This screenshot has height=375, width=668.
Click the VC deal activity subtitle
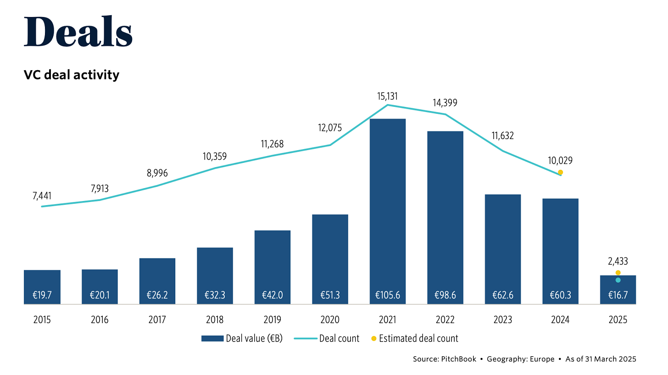72,75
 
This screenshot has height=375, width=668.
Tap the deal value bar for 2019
273,266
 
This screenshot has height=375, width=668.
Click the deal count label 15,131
388,96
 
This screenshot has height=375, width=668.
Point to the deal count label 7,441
42,196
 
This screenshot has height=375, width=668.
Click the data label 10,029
560,161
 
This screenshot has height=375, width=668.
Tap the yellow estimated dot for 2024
560,172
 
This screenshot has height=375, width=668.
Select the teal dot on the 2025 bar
618,280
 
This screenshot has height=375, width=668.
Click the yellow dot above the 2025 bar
618,273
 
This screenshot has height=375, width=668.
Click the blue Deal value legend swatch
212,339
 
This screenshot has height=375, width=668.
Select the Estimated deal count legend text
418,339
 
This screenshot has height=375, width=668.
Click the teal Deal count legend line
304,339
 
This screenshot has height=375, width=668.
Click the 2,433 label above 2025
618,262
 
